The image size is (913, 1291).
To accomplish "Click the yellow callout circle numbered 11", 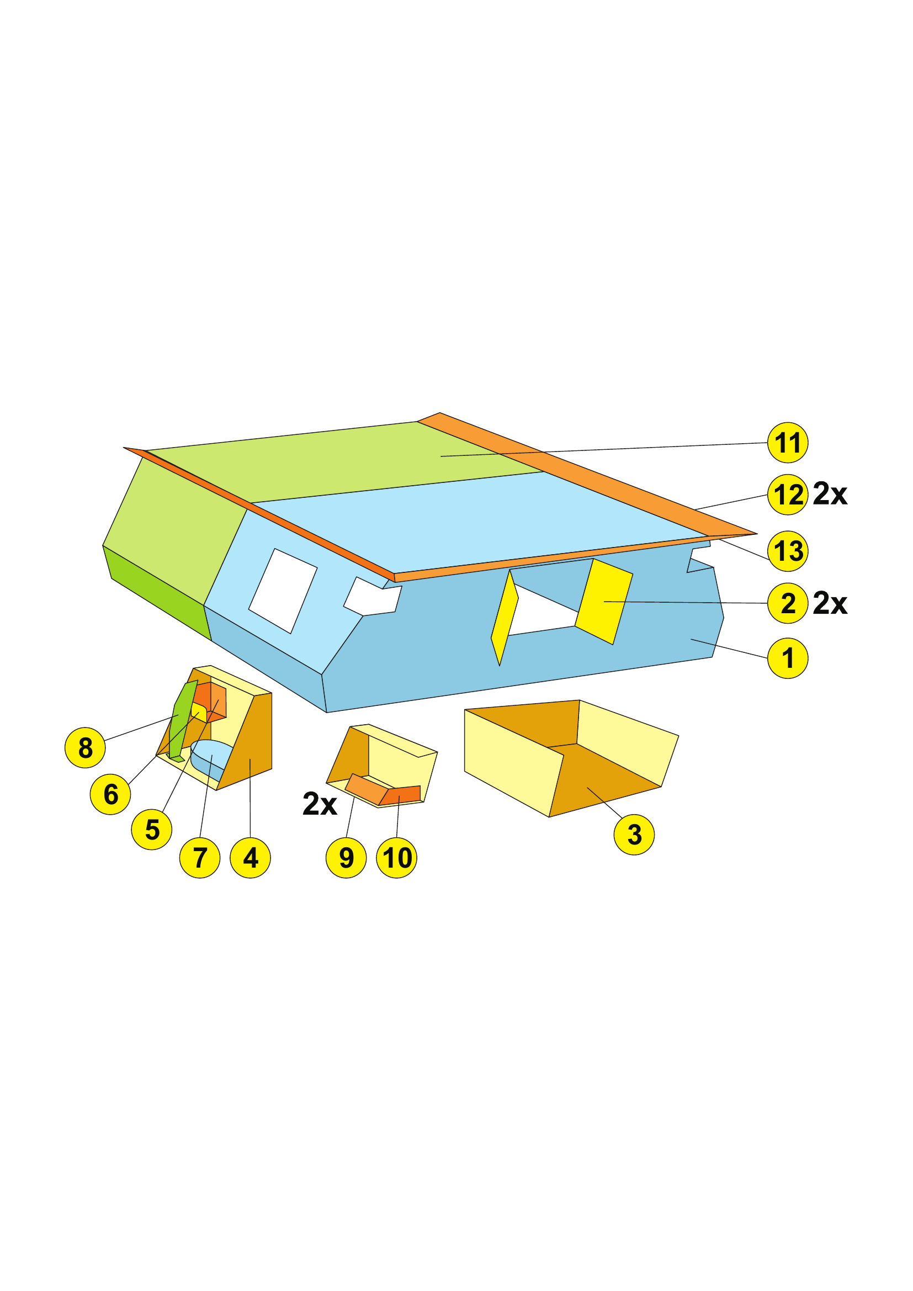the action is tap(788, 443).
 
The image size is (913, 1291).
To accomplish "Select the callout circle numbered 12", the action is tap(788, 495).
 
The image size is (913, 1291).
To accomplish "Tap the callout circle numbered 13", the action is tap(788, 551).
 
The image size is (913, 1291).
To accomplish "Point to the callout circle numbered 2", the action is tap(788, 603).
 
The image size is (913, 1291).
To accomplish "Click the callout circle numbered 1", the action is tap(788, 658).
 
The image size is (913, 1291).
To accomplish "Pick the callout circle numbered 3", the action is tap(634, 835).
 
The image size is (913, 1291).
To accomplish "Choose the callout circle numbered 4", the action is tap(250, 858).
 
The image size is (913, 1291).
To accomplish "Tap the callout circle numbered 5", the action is tap(152, 830).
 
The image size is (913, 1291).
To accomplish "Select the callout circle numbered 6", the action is tap(110, 794).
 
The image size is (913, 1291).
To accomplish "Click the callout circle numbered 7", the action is tap(200, 858).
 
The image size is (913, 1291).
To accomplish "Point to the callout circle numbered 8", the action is tap(85, 747).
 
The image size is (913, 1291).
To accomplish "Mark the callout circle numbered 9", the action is tap(346, 858).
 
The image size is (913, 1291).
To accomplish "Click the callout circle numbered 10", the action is tap(397, 858).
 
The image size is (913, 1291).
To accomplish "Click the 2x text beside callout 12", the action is tap(830, 493).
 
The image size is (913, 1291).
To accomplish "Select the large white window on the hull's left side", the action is tap(283, 591).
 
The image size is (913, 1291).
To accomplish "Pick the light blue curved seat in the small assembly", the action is tap(211, 759).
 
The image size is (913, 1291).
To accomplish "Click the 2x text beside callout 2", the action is tap(830, 603).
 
